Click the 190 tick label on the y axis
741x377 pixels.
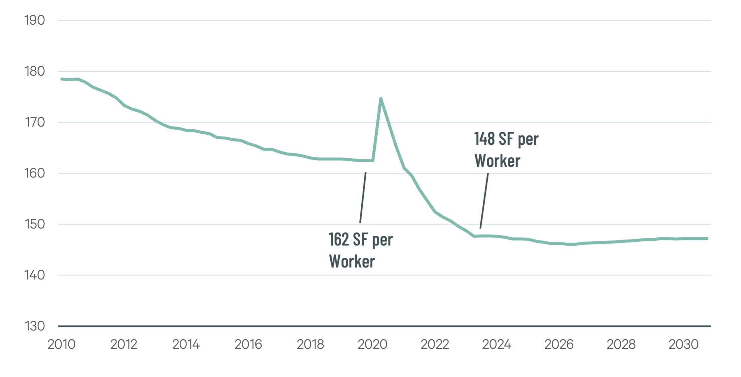[x=35, y=20]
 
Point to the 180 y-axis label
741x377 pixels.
[x=35, y=71]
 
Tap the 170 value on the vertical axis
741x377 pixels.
[x=35, y=122]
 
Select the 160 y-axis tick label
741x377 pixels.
[x=35, y=173]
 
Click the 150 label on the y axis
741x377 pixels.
[x=35, y=224]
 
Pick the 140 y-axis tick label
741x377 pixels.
[x=35, y=275]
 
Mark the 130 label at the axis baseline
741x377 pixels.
[x=35, y=326]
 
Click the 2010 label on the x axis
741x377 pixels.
[x=62, y=344]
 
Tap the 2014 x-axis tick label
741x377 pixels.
[x=186, y=344]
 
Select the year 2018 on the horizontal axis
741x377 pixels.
[x=310, y=344]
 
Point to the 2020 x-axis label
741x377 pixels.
[x=372, y=344]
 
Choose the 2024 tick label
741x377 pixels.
[x=497, y=344]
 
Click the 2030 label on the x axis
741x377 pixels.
[x=683, y=344]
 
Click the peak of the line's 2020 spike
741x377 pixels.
[x=381, y=98]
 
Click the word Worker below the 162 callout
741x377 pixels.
[x=352, y=261]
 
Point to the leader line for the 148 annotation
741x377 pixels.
[x=484, y=201]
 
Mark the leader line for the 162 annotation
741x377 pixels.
[x=363, y=197]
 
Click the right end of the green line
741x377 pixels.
[x=707, y=239]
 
